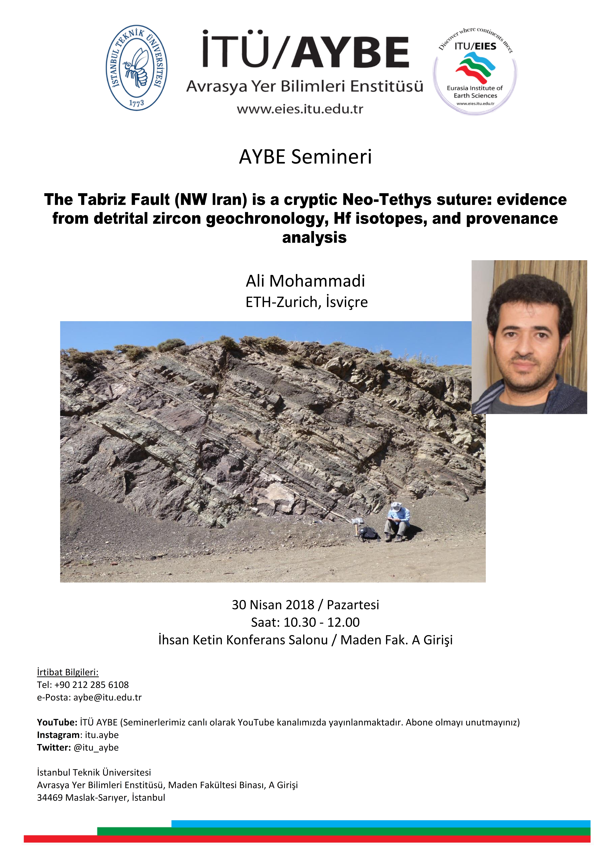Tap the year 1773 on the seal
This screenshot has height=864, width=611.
[136, 102]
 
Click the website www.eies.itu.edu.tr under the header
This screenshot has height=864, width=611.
[300, 109]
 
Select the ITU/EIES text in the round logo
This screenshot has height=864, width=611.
[475, 46]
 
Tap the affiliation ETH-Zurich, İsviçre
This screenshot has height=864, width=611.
[306, 302]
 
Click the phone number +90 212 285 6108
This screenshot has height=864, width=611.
[91, 684]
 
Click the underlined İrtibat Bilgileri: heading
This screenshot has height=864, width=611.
[68, 672]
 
